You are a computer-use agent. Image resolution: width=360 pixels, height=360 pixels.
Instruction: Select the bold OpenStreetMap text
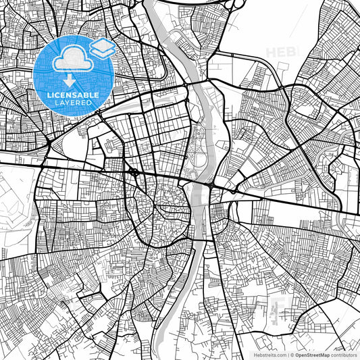(311, 354)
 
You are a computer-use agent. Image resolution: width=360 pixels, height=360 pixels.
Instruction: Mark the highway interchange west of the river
(135, 173)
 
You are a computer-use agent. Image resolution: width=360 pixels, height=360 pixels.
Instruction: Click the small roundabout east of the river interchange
(234, 192)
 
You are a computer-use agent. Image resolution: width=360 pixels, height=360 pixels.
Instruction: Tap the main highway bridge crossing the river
(199, 182)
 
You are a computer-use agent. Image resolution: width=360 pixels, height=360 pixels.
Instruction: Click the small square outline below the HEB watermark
(284, 66)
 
